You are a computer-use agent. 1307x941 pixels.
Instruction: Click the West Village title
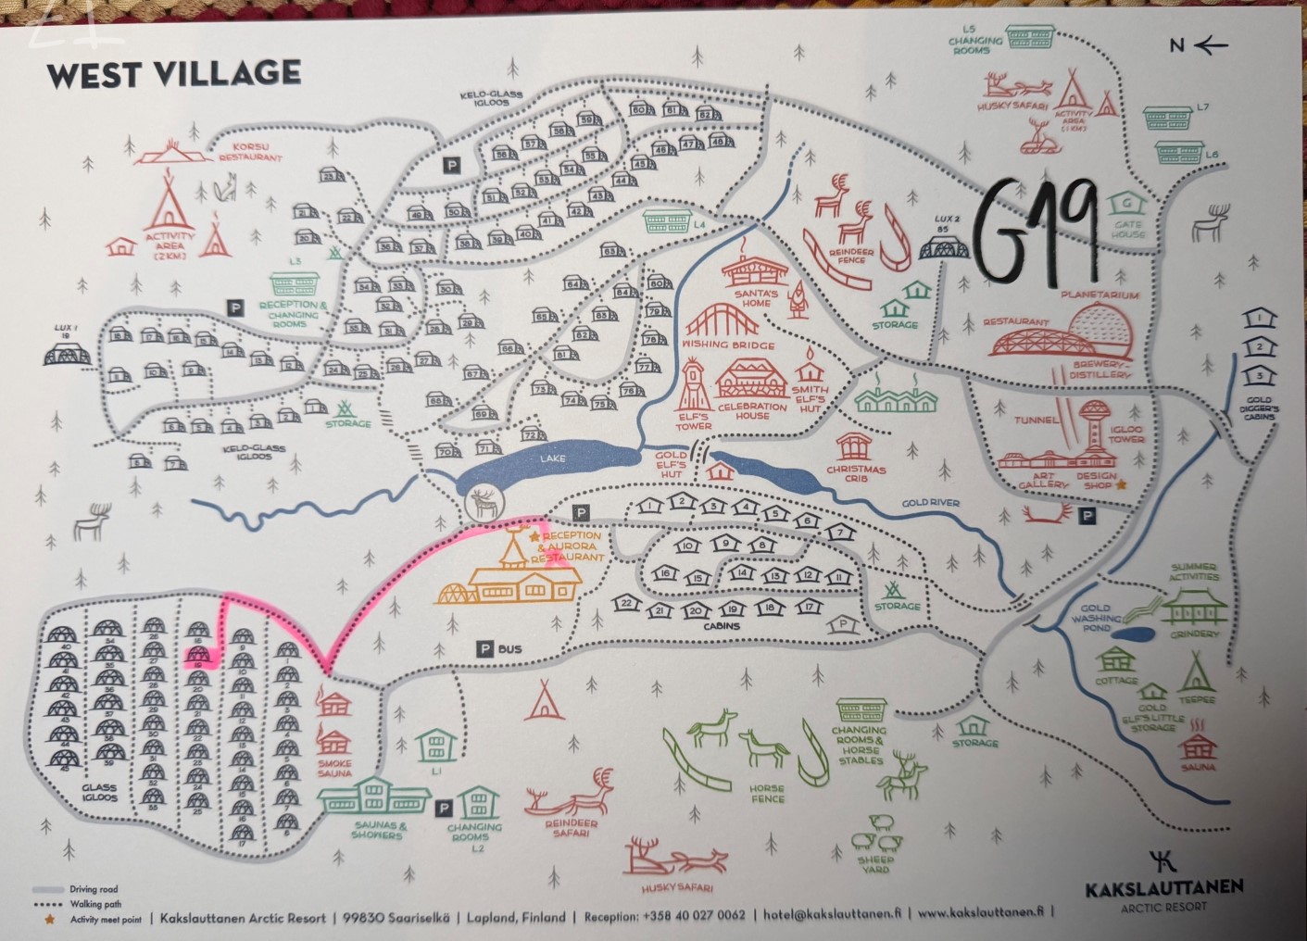pos(173,74)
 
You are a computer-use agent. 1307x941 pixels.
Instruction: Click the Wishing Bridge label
pos(729,345)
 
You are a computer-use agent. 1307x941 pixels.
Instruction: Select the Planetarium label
pos(1100,295)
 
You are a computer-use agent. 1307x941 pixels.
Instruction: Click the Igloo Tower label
pos(1127,433)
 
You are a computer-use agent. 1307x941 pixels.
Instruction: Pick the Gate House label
pos(1128,229)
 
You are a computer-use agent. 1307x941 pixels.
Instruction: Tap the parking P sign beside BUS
pos(484,649)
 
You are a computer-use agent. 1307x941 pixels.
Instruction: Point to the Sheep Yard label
pos(875,864)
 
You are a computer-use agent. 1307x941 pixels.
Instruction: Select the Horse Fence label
pos(768,793)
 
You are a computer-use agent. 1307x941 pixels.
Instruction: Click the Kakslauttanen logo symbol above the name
pos(1163,860)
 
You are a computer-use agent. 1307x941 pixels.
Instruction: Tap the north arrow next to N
pos(1212,44)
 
